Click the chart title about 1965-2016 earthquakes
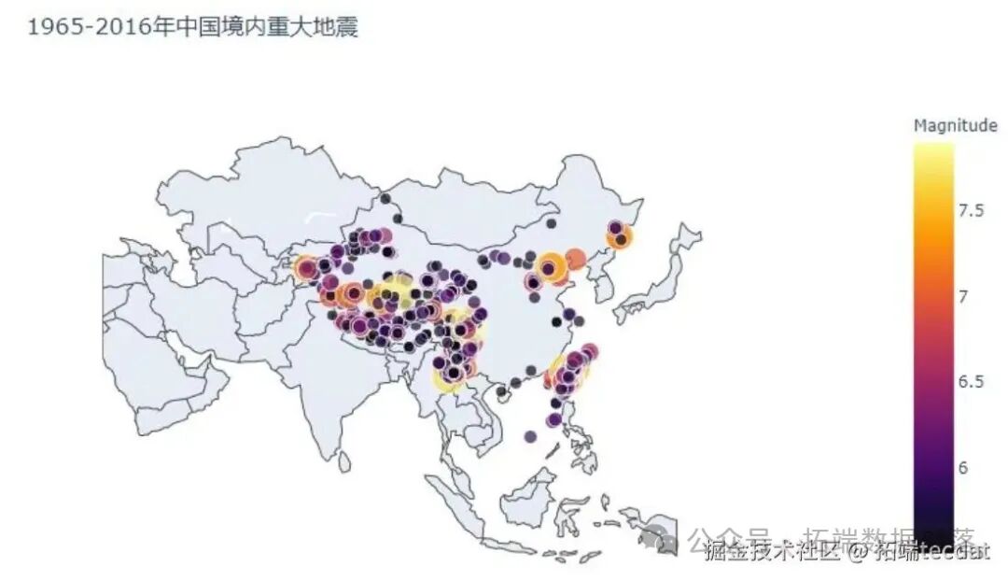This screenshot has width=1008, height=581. [191, 27]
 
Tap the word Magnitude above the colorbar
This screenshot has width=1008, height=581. [955, 125]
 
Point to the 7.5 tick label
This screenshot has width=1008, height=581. [972, 210]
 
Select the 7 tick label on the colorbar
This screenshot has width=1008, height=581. [964, 296]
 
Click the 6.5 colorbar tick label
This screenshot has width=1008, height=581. [972, 381]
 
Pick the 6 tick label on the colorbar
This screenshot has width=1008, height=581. [964, 467]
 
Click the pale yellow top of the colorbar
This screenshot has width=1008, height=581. [933, 149]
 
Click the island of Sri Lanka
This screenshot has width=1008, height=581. [344, 461]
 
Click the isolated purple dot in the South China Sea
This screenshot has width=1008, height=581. [530, 436]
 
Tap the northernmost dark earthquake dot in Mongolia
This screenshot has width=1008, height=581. [385, 198]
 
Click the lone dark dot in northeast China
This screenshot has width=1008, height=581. [551, 223]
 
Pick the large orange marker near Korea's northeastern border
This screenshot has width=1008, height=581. [618, 239]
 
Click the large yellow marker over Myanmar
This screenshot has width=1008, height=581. [448, 378]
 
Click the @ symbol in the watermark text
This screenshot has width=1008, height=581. [859, 553]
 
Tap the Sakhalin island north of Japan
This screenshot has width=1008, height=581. [690, 234]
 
